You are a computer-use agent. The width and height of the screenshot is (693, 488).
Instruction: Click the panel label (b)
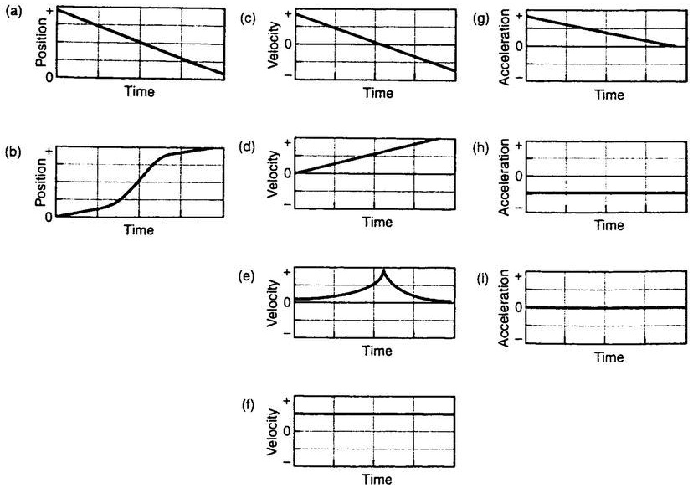(13, 154)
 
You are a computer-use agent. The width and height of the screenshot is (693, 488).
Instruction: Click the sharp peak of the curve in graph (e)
(383, 270)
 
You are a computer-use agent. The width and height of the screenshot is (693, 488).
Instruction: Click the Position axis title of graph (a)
(39, 44)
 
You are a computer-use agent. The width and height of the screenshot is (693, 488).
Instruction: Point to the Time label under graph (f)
(377, 479)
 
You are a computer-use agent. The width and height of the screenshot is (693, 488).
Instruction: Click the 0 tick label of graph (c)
(287, 44)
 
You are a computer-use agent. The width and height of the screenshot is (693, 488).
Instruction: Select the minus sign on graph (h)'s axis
(521, 208)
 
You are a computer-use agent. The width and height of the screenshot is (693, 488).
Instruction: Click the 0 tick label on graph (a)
(50, 77)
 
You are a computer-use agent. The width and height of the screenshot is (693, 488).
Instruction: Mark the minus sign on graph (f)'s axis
(287, 461)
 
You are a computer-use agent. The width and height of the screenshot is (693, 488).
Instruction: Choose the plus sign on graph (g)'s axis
(521, 15)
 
